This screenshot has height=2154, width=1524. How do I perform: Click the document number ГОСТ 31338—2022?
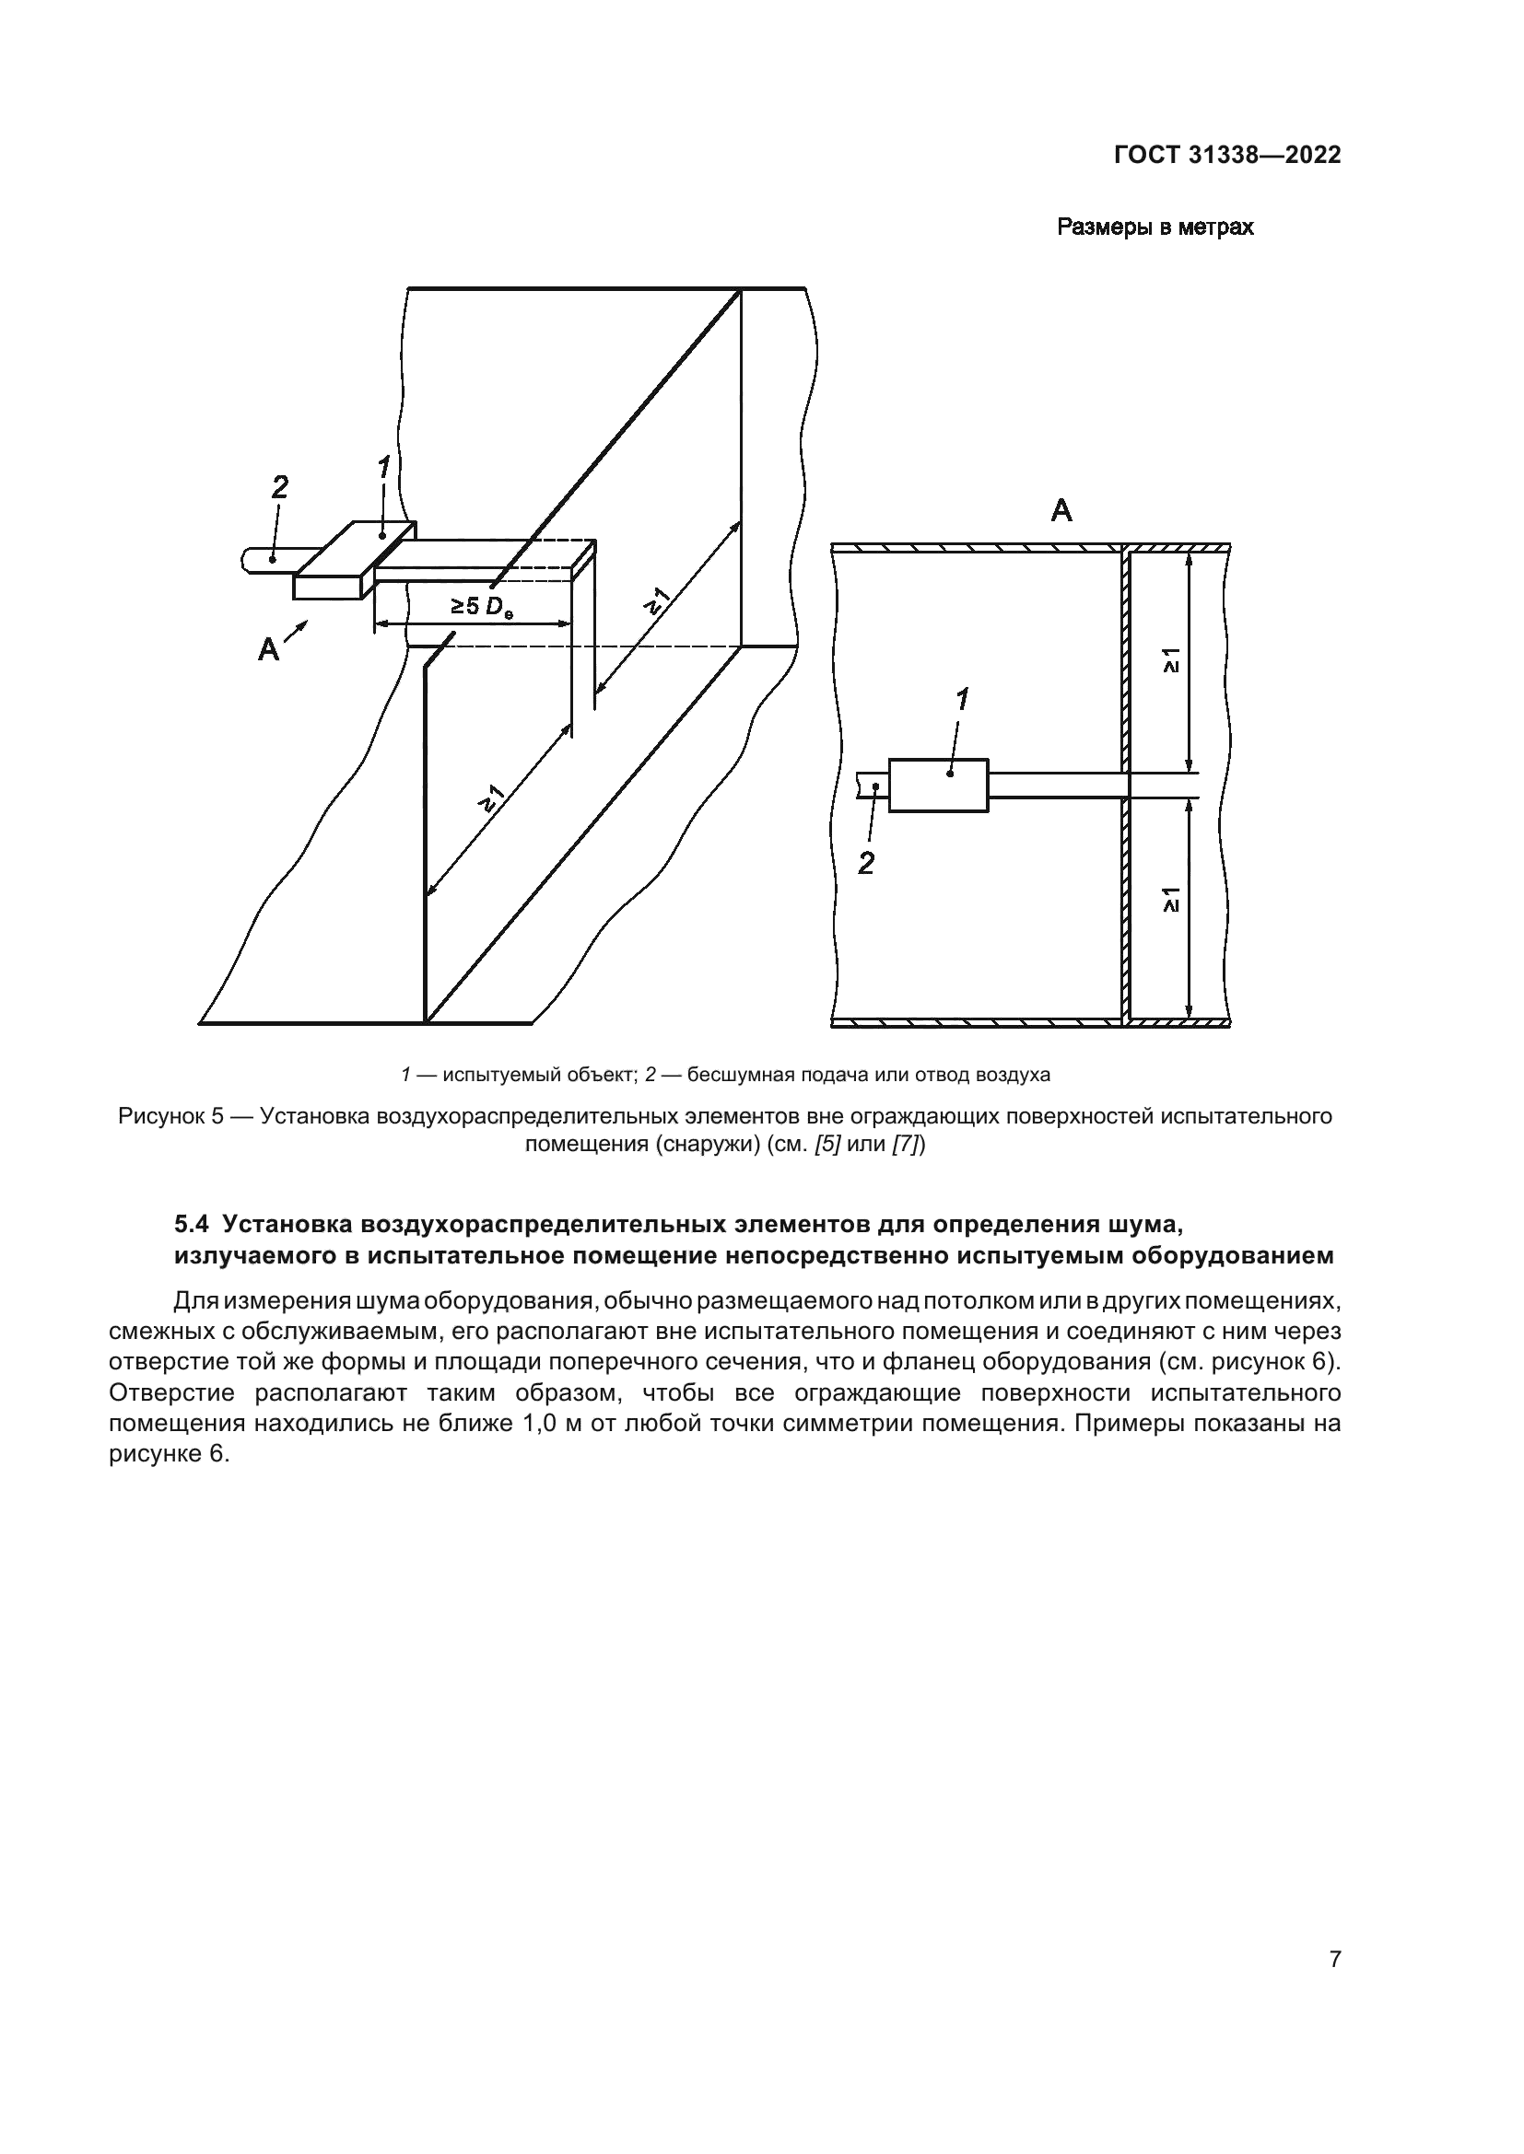(1226, 156)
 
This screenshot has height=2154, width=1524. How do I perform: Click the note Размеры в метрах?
(1155, 227)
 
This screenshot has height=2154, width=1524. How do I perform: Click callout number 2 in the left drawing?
(280, 487)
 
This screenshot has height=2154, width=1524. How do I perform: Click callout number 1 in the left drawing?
(383, 466)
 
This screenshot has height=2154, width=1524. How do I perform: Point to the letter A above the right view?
(1061, 511)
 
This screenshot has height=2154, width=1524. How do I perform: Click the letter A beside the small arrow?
(268, 649)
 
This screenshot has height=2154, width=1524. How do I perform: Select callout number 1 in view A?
(962, 699)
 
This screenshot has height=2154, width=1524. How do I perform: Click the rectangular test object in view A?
(937, 786)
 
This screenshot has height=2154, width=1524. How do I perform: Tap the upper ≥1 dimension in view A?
(1172, 660)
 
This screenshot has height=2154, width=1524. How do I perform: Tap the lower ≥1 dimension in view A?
(1172, 900)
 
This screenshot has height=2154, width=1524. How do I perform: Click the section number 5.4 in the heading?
(193, 1224)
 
